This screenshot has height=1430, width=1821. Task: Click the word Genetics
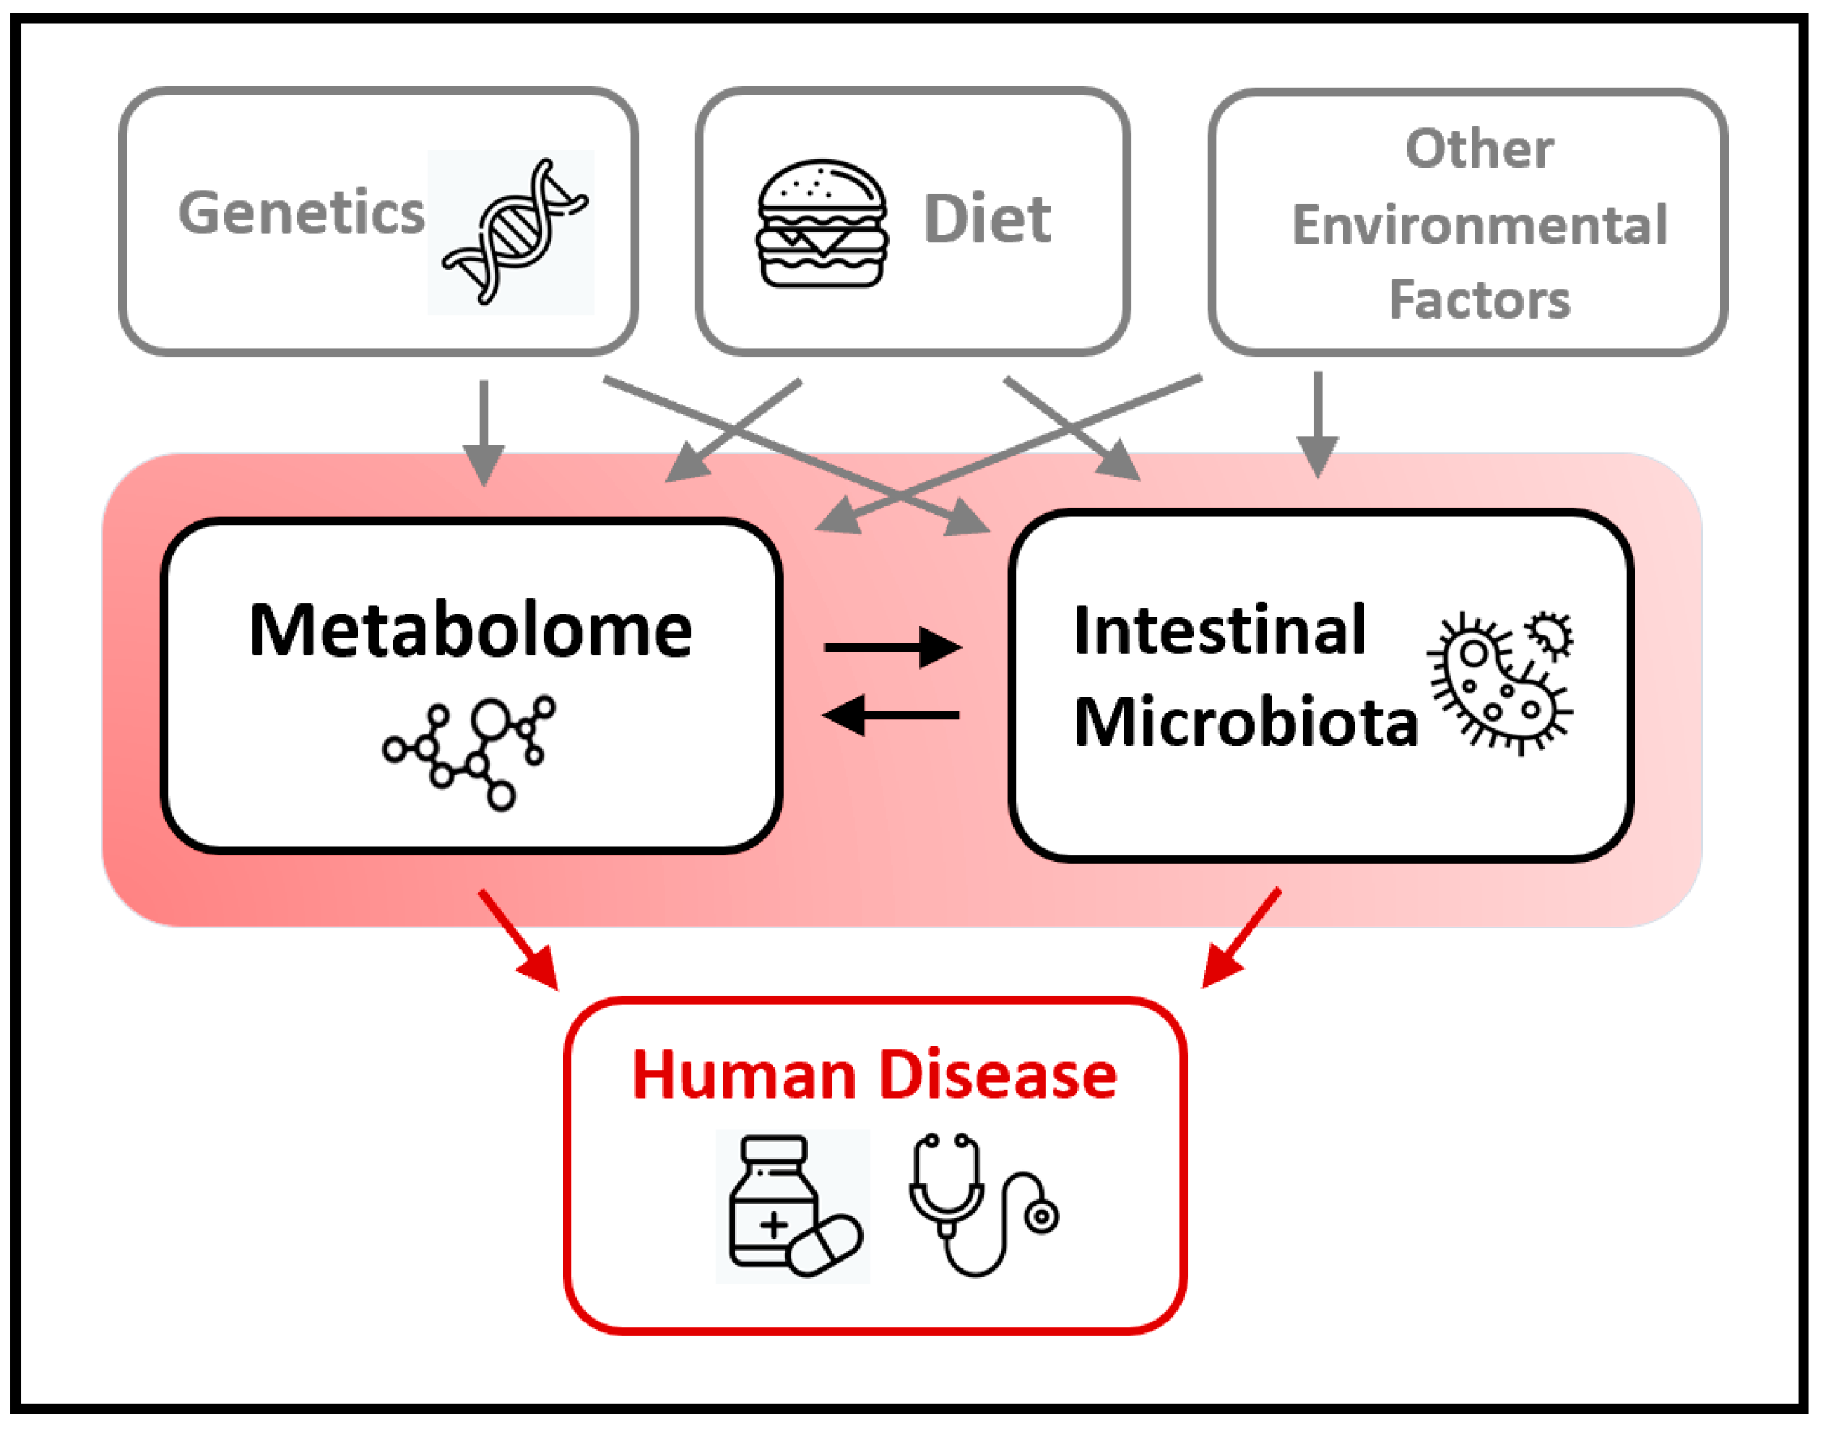[301, 213]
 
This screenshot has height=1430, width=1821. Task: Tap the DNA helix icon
[513, 232]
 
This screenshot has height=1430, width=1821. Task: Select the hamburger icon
[822, 223]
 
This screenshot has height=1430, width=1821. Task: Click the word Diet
[986, 220]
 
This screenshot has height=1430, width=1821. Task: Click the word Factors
[1479, 299]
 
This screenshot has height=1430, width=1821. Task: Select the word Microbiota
[1246, 722]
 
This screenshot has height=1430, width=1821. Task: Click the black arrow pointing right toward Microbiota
[892, 647]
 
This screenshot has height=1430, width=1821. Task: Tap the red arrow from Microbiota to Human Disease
[1241, 938]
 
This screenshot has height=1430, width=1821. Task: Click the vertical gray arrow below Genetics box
[484, 432]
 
